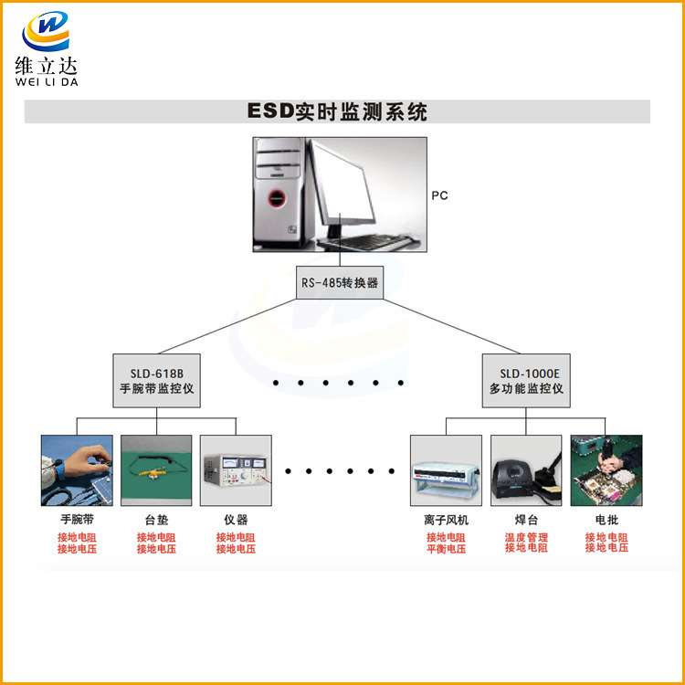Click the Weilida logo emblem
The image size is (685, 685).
pos(46,31)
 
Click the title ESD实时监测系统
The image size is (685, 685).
pos(337,111)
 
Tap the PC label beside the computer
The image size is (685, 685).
pos(439,195)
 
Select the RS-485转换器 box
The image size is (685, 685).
pos(340,282)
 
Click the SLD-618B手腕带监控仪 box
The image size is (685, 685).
pos(157,381)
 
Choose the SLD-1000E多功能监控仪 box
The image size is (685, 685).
pos(526,381)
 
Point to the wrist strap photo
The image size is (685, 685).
pos(77,470)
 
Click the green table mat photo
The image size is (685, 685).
pos(156,470)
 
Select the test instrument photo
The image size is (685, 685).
pos(236,470)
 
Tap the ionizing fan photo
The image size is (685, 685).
pos(446,470)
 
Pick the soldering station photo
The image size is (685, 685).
pos(526,470)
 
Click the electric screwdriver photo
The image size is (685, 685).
pos(606,470)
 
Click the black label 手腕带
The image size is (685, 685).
pos(77,520)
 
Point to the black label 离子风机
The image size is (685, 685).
pos(446,520)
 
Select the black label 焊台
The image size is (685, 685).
pos(526,520)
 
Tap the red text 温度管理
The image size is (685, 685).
pos(526,537)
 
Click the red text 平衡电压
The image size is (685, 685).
pos(446,549)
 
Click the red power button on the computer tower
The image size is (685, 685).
pos(277,198)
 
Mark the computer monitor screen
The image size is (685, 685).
pos(343,183)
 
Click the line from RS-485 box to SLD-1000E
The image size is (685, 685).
pos(452,326)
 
